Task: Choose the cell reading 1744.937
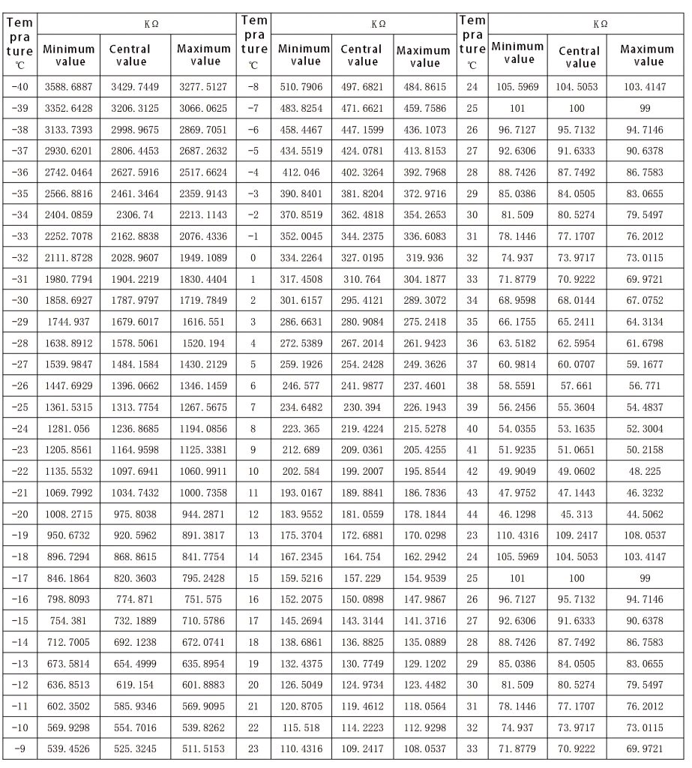coord(68,322)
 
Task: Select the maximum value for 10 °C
coord(424,472)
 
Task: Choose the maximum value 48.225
coord(644,472)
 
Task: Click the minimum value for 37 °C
coord(518,364)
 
